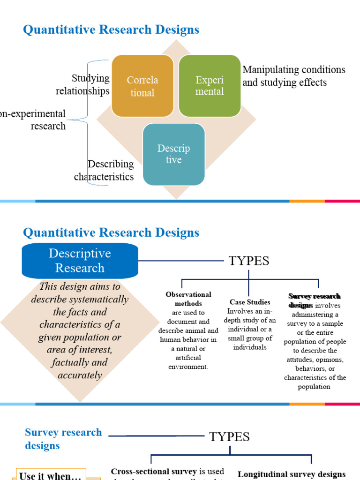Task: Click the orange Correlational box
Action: tap(142, 86)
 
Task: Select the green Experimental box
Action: tap(210, 86)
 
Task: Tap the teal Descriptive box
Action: tap(173, 154)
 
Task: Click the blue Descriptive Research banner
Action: tap(80, 261)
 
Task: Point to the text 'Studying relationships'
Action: tap(83, 85)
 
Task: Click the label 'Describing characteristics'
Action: tap(104, 171)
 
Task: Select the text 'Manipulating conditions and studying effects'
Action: tap(293, 76)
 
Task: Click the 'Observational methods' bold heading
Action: tap(188, 299)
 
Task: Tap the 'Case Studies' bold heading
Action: tap(250, 302)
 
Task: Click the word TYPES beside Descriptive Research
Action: tap(249, 261)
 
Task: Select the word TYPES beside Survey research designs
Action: tap(229, 437)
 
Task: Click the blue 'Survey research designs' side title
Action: tap(63, 439)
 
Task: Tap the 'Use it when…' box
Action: tap(51, 475)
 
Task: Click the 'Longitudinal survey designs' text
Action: tap(292, 474)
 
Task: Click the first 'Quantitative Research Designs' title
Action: tap(111, 30)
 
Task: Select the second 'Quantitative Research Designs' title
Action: tap(111, 232)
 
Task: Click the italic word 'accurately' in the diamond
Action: tap(80, 375)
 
